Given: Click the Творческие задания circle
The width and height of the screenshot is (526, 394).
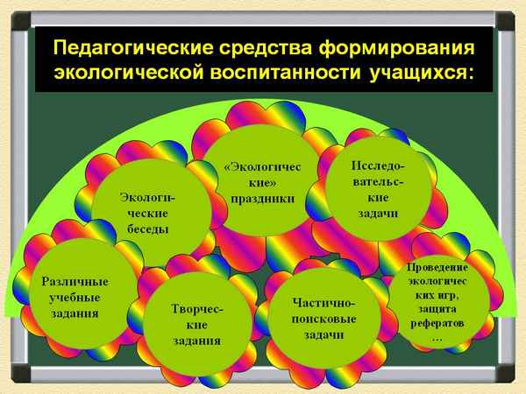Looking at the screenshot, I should tap(196, 325).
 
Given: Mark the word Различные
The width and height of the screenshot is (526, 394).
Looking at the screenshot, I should tap(75, 281).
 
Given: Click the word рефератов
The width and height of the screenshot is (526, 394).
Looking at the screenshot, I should tap(437, 323).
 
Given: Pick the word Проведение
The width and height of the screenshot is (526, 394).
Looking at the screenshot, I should tap(437, 266).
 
